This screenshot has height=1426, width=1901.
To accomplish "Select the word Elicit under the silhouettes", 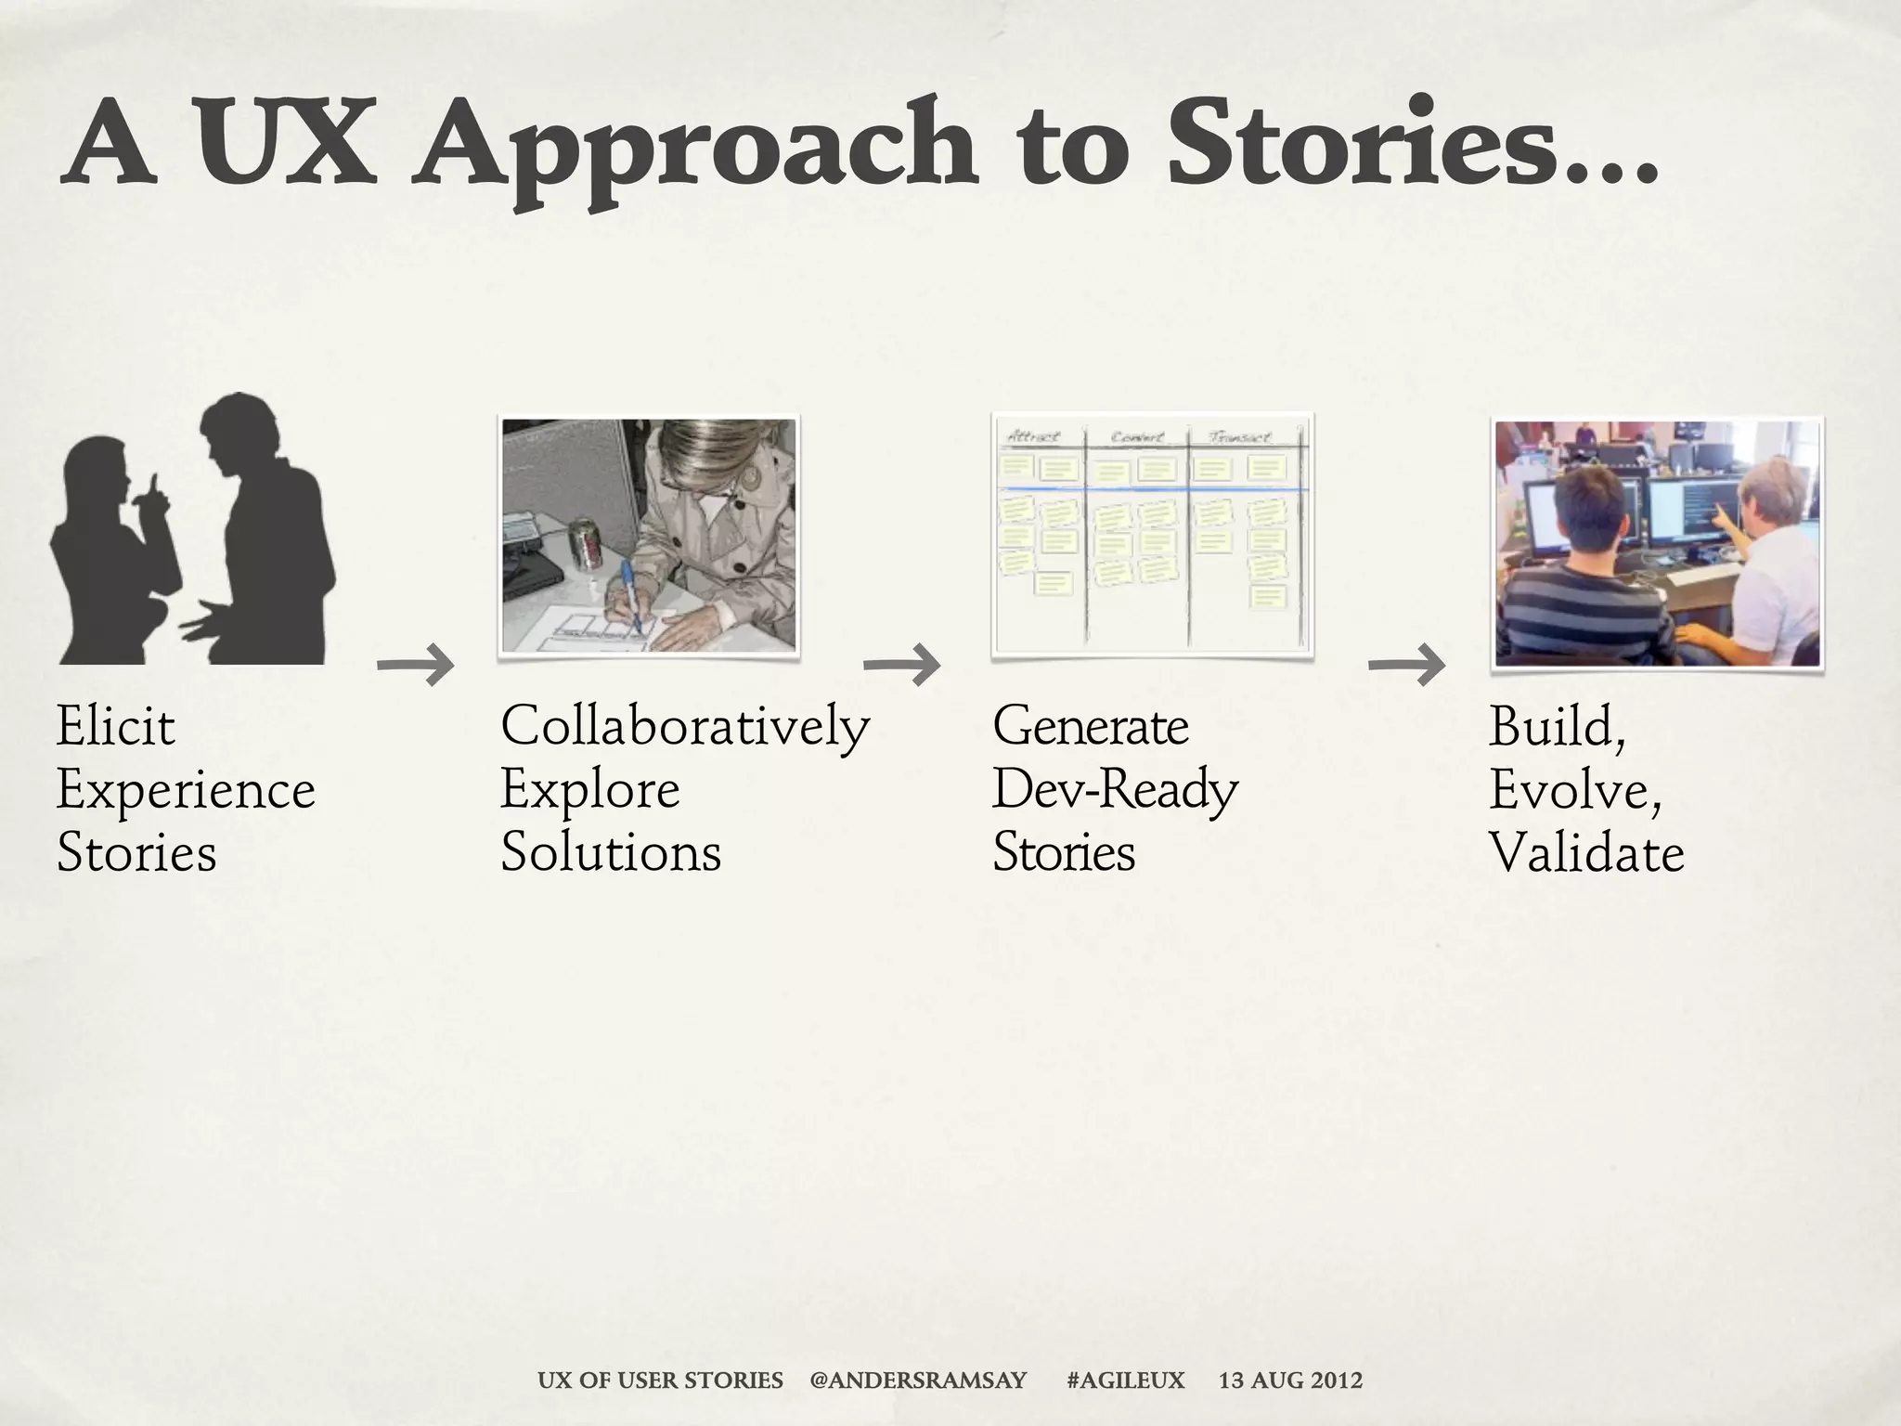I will coord(115,726).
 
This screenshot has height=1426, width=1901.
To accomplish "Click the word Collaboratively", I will coord(685,726).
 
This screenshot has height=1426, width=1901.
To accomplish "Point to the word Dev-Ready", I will coord(1115,790).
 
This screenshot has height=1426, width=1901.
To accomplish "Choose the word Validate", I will coord(1586,853).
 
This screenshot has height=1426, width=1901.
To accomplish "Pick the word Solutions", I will coord(611,853).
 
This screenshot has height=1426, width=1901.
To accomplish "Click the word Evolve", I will coord(1574,790).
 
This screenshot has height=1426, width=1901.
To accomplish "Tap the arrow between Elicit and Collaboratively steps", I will coord(416,665).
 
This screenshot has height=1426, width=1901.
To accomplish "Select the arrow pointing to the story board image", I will coord(902,665).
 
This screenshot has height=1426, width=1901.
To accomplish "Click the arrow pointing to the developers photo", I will coord(1407,665).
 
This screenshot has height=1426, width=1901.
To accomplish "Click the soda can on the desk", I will coord(587,543).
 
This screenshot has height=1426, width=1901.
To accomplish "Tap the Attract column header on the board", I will coord(1033,436).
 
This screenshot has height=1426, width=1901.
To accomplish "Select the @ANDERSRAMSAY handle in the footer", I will coord(918,1381).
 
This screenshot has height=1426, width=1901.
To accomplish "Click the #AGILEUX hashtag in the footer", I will coord(1126,1381).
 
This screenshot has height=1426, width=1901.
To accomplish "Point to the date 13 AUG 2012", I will coord(1290,1381).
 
